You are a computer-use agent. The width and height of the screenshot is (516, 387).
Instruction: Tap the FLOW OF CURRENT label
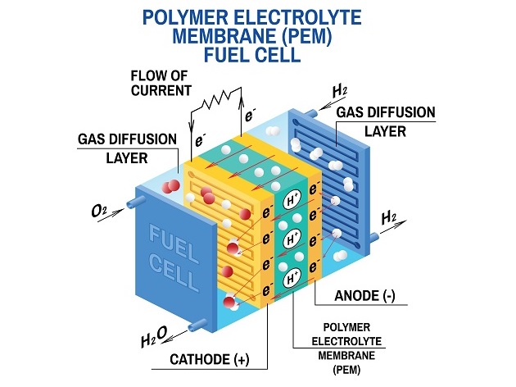tap(161, 82)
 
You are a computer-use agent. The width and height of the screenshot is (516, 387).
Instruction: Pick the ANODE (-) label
tap(367, 296)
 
